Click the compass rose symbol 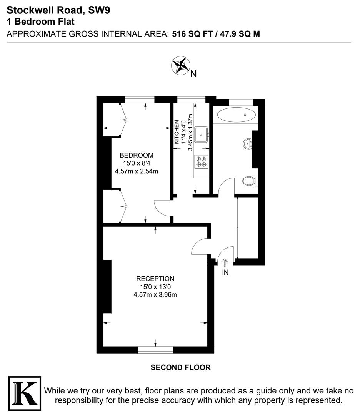click(180, 65)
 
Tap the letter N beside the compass click(193, 74)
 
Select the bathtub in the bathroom click(236, 115)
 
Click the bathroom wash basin click(248, 144)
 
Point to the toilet click(250, 180)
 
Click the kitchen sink click(201, 134)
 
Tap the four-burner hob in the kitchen click(201, 161)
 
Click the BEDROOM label click(137, 155)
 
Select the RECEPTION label click(155, 279)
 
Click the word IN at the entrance click(225, 272)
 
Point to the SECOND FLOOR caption click(180, 368)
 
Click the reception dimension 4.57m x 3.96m click(155, 295)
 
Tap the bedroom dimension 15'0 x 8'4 click(137, 163)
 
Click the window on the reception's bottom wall click(155, 350)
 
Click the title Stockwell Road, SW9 click(58, 10)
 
